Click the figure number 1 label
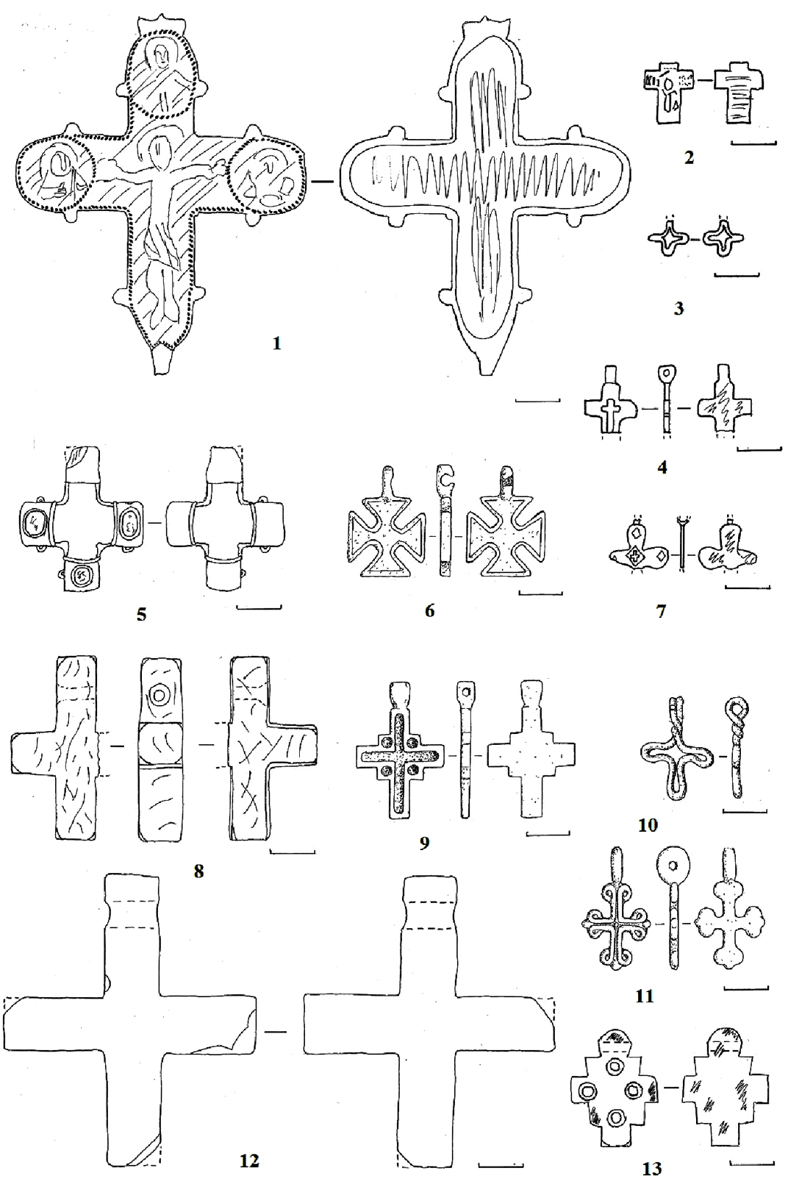click(x=276, y=344)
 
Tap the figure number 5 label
click(x=141, y=615)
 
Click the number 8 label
click(x=198, y=871)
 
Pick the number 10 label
click(x=648, y=825)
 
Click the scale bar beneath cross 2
click(x=753, y=143)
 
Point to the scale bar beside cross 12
click(x=500, y=1164)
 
